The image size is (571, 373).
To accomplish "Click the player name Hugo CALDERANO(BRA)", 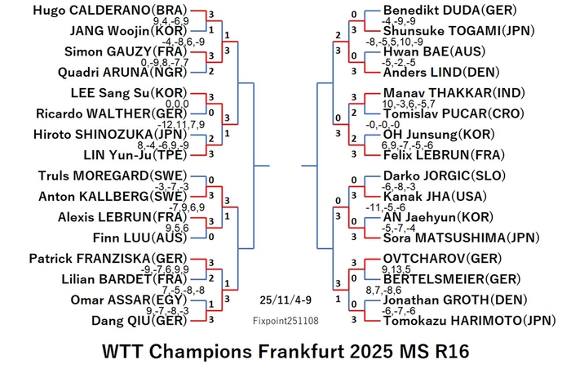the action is (110, 10).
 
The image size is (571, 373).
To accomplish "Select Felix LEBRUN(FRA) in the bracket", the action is (444, 155).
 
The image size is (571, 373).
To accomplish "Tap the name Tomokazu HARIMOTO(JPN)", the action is (469, 321).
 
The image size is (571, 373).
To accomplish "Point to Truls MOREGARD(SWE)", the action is (113, 176).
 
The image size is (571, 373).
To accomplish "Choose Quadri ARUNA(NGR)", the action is (122, 72).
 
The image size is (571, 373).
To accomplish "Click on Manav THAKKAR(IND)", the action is (454, 93).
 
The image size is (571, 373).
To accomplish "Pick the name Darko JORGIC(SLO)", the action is (445, 176).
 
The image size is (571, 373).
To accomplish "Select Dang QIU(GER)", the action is (139, 321).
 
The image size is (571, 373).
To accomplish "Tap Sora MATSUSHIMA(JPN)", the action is (461, 238).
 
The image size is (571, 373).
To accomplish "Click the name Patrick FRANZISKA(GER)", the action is (108, 259).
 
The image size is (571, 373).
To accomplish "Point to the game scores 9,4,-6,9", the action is (170, 20).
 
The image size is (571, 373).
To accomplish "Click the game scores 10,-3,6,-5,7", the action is (409, 104).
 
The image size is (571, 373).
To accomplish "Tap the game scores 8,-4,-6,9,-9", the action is (163, 145).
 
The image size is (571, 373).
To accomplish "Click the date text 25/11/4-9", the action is (285, 300).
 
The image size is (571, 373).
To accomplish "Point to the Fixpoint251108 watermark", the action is (285, 321).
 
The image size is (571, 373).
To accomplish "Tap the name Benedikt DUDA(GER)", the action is (449, 10).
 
